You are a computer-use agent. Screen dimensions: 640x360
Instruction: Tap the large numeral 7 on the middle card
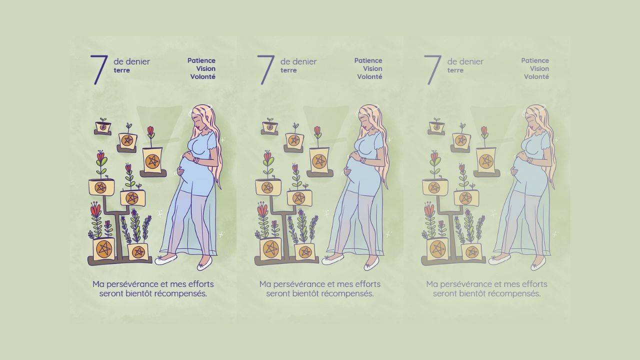(x=265, y=69)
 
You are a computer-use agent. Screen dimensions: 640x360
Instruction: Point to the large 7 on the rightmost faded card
(x=432, y=69)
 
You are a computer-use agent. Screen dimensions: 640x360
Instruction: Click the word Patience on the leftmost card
(x=201, y=60)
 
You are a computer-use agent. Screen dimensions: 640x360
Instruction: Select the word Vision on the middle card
(x=372, y=68)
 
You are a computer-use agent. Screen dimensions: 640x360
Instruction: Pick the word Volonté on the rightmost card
(x=536, y=77)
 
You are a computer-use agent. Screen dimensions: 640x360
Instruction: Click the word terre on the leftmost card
(x=121, y=70)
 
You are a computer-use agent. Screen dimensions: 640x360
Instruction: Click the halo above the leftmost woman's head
(x=200, y=111)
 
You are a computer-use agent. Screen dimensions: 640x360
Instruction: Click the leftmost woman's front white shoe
(x=165, y=259)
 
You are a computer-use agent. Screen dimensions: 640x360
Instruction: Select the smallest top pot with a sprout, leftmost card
(x=102, y=126)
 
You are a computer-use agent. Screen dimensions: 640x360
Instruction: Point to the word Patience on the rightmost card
(x=535, y=60)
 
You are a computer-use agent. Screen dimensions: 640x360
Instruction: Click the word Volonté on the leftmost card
(x=202, y=77)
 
